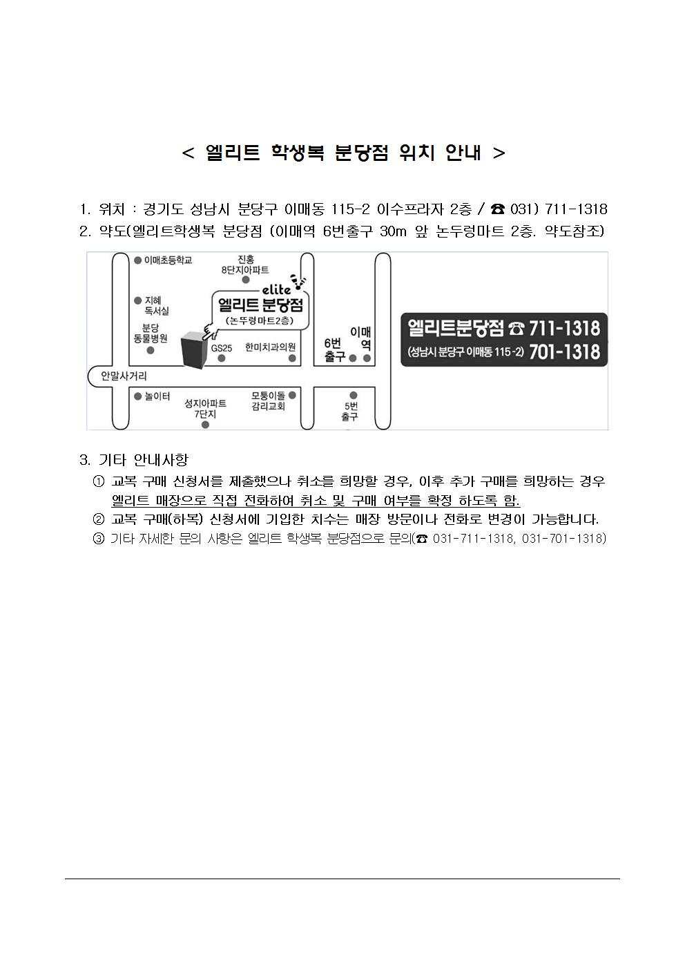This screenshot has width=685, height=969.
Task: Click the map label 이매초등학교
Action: pos(168,260)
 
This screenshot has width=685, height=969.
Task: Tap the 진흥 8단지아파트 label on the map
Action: pos(245,265)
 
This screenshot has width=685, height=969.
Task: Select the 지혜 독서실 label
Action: pos(157,305)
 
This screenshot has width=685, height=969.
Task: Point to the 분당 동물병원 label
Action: pos(151,333)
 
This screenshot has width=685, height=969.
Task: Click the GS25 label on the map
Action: pos(222,348)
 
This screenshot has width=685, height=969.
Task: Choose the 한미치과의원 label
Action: pos(270,347)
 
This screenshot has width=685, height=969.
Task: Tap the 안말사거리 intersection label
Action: pos(124,376)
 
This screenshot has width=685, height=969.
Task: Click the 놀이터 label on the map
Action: pos(157,396)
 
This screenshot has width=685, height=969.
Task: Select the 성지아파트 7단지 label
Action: pos(205,409)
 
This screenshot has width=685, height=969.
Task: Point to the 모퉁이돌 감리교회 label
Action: pos(268,401)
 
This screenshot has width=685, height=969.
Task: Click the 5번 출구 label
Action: pos(350,412)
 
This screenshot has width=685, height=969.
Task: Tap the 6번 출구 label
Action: pos(335,350)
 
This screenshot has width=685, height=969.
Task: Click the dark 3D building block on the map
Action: pos(192,350)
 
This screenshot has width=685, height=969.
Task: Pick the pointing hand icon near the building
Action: pos(211,332)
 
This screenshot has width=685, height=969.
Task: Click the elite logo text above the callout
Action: pos(276,289)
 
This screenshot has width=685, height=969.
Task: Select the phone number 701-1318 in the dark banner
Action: pos(564,352)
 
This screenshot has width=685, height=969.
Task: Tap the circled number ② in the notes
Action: pos(99,519)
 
